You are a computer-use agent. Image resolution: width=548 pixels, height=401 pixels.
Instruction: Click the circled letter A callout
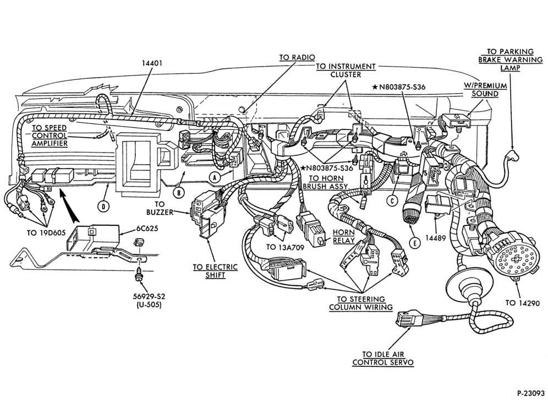pyautogui.click(x=215, y=178)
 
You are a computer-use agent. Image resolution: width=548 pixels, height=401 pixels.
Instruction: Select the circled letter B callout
pyautogui.click(x=179, y=192)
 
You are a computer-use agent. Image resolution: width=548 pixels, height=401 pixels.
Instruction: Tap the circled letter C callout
pyautogui.click(x=392, y=201)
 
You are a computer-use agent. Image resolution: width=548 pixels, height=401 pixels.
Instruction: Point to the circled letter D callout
pyautogui.click(x=103, y=207)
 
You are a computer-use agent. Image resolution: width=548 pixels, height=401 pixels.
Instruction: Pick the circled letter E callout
pyautogui.click(x=414, y=243)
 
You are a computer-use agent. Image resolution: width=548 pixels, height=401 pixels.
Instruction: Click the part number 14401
pyautogui.click(x=152, y=63)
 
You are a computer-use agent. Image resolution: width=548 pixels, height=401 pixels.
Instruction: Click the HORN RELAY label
pyautogui.click(x=343, y=236)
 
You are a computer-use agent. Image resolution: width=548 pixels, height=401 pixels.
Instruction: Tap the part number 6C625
pyautogui.click(x=147, y=229)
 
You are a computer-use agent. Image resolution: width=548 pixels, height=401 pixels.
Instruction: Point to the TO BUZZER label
pyautogui.click(x=160, y=208)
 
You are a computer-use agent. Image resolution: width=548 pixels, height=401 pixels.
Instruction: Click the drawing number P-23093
pyautogui.click(x=531, y=393)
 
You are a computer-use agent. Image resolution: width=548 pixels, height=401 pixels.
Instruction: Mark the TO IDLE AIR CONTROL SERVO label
pyautogui.click(x=383, y=358)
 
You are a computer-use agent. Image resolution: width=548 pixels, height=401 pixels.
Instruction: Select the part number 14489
pyautogui.click(x=435, y=239)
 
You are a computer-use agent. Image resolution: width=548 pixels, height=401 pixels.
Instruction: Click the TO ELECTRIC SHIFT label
pyautogui.click(x=215, y=271)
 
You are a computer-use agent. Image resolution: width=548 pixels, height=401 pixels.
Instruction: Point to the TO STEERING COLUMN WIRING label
pyautogui.click(x=361, y=303)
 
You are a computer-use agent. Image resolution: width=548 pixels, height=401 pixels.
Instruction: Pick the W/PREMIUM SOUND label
pyautogui.click(x=485, y=90)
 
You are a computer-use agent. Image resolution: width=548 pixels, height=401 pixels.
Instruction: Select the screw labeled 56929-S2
pyautogui.click(x=139, y=275)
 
